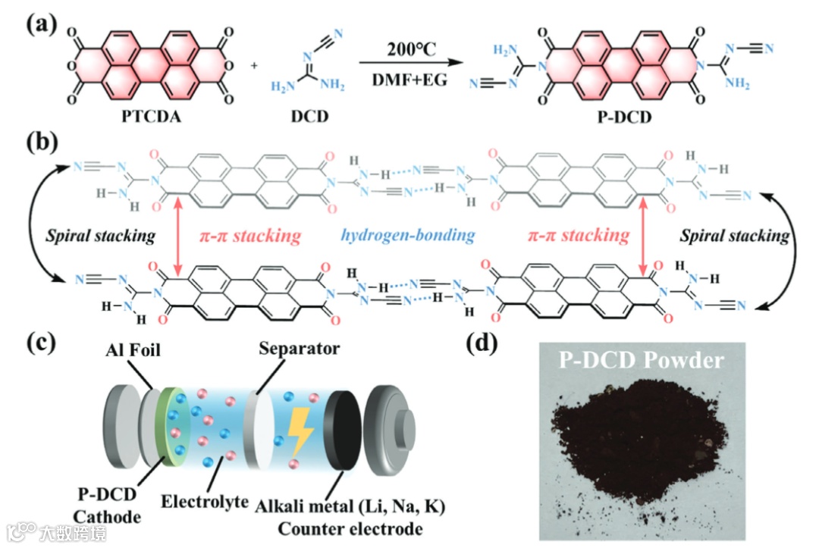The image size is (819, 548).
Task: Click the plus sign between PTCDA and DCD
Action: [253, 65]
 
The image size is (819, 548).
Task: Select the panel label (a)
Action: [39, 24]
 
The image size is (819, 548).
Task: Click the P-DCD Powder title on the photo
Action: [641, 360]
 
